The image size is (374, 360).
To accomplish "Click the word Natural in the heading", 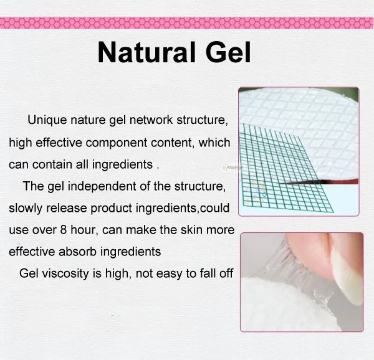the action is pos(146,52).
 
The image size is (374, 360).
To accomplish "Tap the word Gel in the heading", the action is pos(228,52).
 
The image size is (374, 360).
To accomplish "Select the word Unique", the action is pos(47,120).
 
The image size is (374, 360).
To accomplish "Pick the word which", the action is pos(214,142).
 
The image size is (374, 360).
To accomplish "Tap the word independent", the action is pos(102,187).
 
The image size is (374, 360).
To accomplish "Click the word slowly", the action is pos(26,209).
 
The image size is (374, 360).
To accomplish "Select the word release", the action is pos(67,208).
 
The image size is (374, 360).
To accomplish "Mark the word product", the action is pos(111,209).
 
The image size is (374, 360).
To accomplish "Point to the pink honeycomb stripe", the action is pos(187,23).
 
